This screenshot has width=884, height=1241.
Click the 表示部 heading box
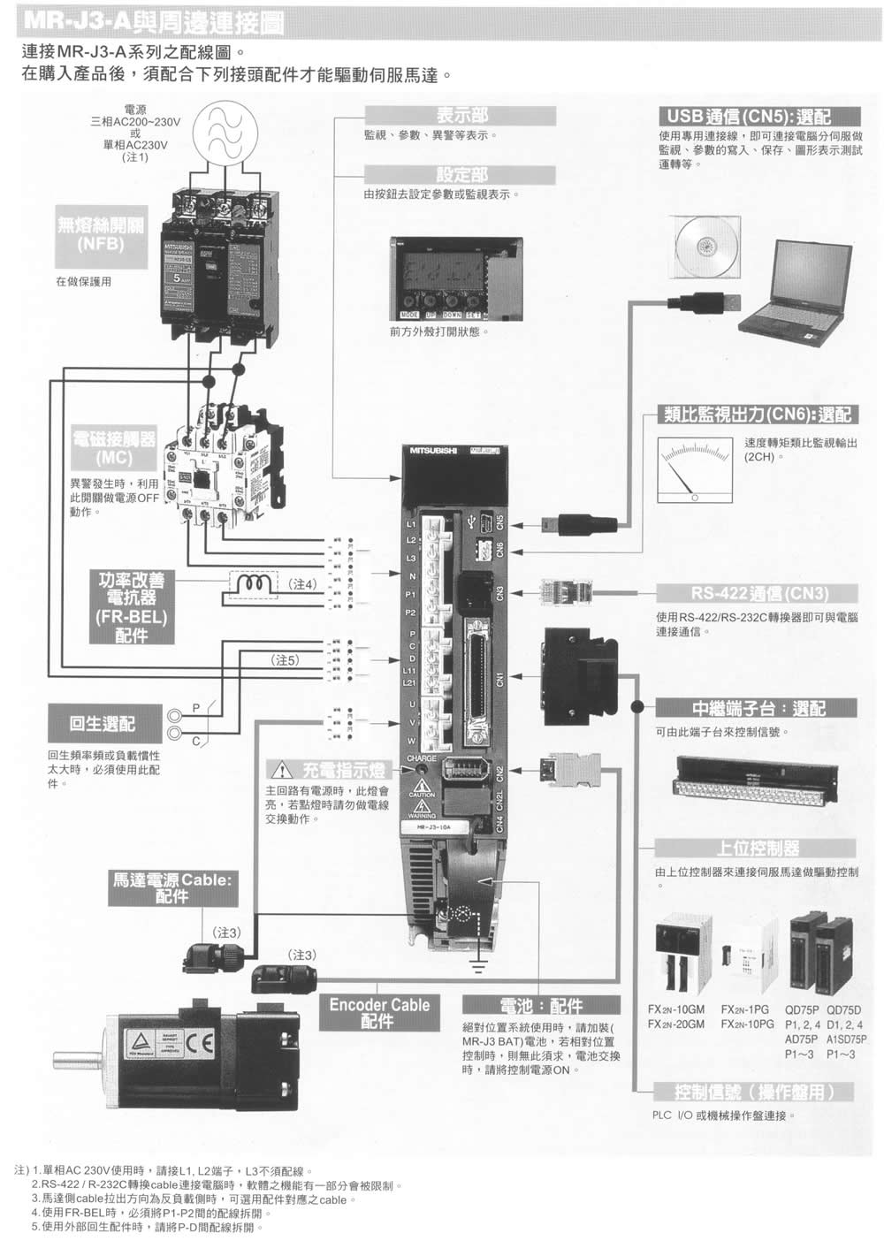click(x=461, y=116)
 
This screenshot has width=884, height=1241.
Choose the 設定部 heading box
click(x=461, y=174)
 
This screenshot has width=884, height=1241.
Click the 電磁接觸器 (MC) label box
click(x=114, y=448)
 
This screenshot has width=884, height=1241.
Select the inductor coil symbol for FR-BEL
click(x=254, y=584)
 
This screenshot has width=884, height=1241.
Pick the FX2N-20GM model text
click(x=675, y=1024)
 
